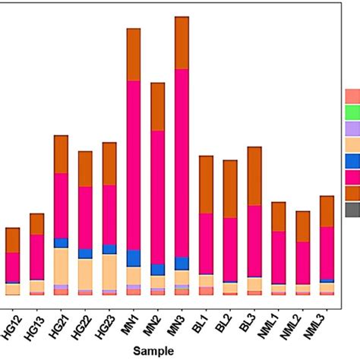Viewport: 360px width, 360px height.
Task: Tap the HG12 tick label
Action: pyautogui.click(x=13, y=319)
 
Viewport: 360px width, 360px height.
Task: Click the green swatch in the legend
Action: pyautogui.click(x=352, y=112)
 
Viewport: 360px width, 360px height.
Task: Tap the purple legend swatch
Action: pyautogui.click(x=352, y=128)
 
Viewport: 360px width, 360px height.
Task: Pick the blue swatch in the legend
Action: pyautogui.click(x=352, y=160)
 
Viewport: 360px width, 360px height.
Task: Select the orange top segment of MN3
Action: pyautogui.click(x=182, y=43)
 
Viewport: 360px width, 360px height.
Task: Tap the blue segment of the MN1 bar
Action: pyautogui.click(x=134, y=258)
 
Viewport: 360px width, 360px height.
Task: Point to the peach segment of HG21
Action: pyautogui.click(x=61, y=266)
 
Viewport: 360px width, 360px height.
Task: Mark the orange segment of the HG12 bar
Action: pyautogui.click(x=12, y=240)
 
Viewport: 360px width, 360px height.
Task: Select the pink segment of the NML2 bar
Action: pyautogui.click(x=302, y=263)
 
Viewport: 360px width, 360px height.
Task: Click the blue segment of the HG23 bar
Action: pyautogui.click(x=109, y=249)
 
